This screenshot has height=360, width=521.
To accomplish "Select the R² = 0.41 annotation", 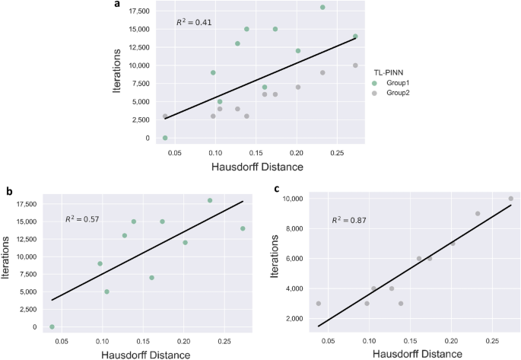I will pyautogui.click(x=194, y=22).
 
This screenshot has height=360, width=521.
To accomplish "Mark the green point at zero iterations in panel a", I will pyautogui.click(x=165, y=138).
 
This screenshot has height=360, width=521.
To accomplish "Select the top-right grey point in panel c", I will pyautogui.click(x=510, y=199).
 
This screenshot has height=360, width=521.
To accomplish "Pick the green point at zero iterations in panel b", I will pyautogui.click(x=52, y=327).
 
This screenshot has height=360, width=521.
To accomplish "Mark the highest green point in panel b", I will pyautogui.click(x=210, y=200).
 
